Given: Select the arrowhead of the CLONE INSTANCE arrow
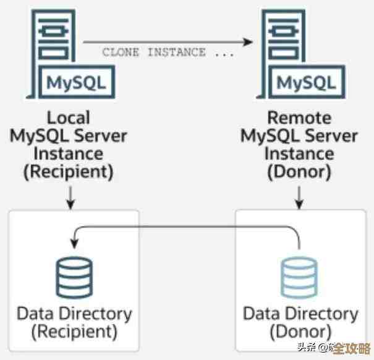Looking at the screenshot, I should point(249,41).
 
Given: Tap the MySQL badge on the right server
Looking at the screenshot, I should point(307,81).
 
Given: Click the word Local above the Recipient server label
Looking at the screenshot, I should point(68,118).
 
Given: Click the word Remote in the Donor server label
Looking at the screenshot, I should point(299,118).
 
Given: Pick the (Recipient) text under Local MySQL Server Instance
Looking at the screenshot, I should point(68,172).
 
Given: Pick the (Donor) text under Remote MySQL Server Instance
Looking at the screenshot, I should point(299,172).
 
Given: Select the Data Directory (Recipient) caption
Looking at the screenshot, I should point(74,322).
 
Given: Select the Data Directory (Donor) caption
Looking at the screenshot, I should point(300,322).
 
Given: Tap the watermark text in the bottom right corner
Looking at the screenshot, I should point(334,346).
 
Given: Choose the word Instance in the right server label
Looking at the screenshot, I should point(299,153).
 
